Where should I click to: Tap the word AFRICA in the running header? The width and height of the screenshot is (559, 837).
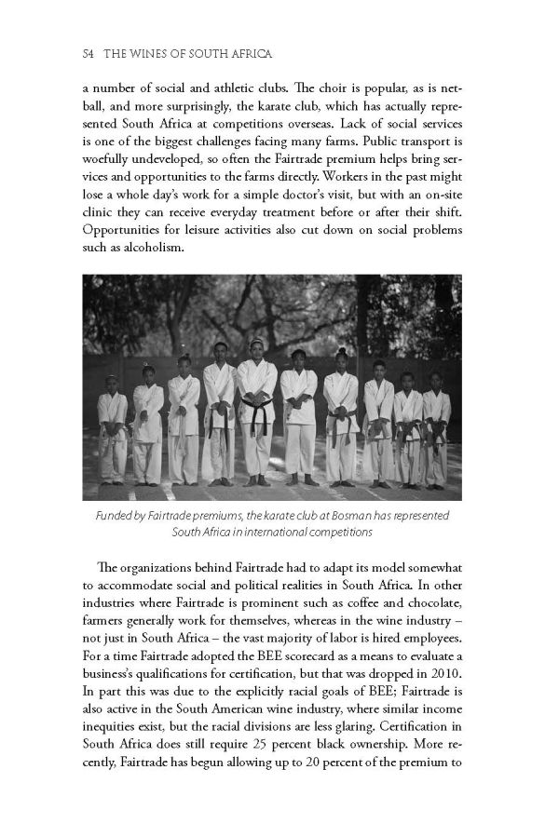coord(245,56)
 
